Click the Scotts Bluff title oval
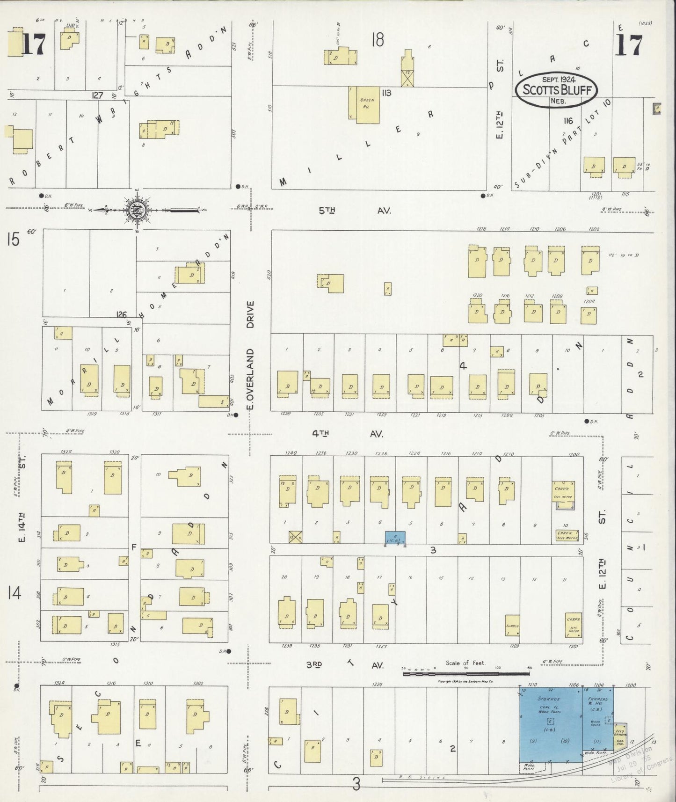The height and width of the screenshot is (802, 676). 556,90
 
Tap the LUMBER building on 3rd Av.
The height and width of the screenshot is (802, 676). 512,625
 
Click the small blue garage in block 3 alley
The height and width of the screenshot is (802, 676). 395,538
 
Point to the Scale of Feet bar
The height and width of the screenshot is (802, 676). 466,673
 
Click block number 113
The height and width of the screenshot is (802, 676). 386,93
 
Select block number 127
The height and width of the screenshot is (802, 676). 97,95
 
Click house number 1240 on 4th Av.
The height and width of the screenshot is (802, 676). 291,453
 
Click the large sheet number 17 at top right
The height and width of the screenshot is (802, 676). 628,45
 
